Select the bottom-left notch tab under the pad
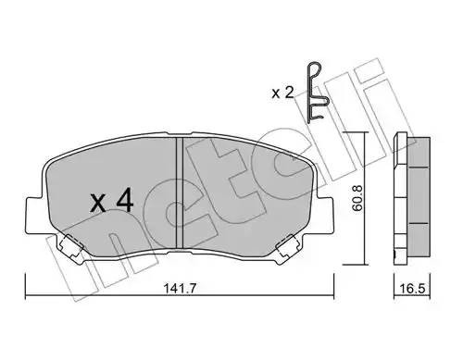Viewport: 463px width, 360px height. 69,246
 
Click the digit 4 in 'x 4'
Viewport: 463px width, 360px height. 128,201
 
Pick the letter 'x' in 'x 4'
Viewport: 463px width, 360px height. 98,203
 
